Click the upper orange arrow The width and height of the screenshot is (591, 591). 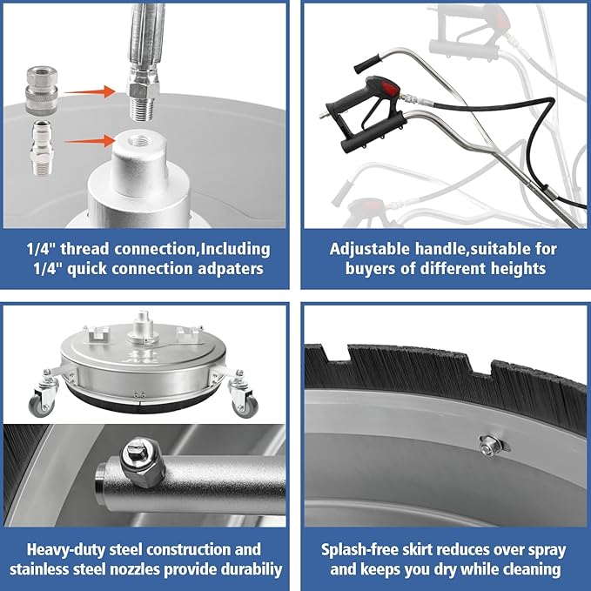(90, 91)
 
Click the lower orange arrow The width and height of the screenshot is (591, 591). (90, 141)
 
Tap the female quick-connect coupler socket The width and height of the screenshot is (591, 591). (42, 90)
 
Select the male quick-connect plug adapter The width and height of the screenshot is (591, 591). (42, 147)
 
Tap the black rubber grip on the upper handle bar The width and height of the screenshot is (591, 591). (368, 64)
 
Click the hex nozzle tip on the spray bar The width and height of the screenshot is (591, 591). (143, 460)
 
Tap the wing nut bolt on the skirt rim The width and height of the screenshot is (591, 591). (491, 446)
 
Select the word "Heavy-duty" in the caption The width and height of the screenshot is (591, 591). (66, 549)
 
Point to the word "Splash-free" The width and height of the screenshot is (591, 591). (360, 549)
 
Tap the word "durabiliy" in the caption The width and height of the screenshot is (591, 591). (252, 569)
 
